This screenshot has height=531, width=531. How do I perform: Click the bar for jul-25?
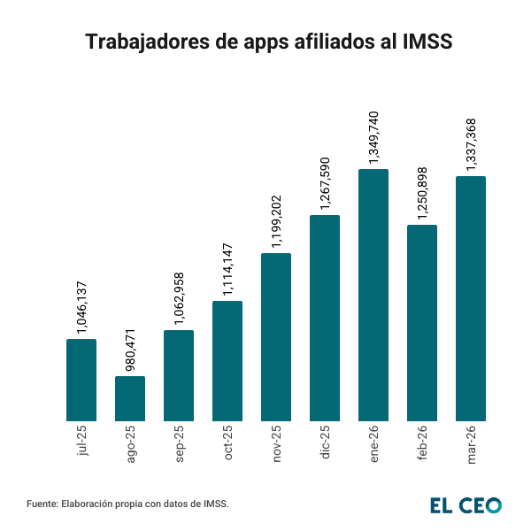pyautogui.click(x=81, y=379)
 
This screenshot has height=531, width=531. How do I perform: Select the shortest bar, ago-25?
pyautogui.click(x=130, y=397)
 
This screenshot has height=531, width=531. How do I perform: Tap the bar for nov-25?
pyautogui.click(x=276, y=336)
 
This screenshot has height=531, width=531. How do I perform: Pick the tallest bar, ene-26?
pyautogui.click(x=373, y=295)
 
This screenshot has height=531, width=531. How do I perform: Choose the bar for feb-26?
pyautogui.click(x=422, y=322)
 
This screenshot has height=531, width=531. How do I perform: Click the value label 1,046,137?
pyautogui.click(x=82, y=307)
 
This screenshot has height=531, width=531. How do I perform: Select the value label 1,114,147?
pyautogui.click(x=227, y=270)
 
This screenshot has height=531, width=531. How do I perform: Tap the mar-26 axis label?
pyautogui.click(x=471, y=443)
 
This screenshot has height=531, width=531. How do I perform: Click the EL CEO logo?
pyautogui.click(x=466, y=505)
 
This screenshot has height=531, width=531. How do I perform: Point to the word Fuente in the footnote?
pyautogui.click(x=42, y=504)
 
